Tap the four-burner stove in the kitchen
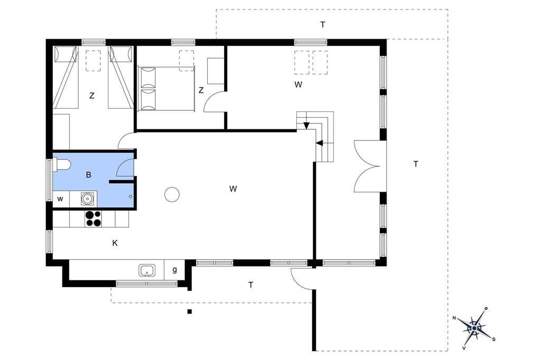click(94, 219)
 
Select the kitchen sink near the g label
click(147, 270)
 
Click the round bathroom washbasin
click(87, 198)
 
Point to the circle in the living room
click(172, 194)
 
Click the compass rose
click(474, 328)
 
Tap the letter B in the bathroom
click(89, 175)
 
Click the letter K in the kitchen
click(115, 243)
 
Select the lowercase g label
click(174, 270)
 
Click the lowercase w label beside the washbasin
click(60, 199)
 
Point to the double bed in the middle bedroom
click(166, 89)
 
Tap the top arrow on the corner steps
click(306, 126)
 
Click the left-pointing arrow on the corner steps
click(320, 143)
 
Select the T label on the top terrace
click(323, 24)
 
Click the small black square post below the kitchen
click(190, 312)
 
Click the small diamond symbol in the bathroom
click(130, 196)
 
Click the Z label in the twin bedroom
click(92, 96)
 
